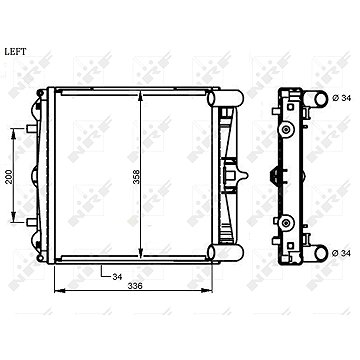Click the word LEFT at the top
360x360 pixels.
15,52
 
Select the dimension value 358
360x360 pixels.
136,177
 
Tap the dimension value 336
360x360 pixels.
135,286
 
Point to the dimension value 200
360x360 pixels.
9,176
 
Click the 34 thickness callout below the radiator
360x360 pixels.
117,277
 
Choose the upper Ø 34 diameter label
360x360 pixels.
342,98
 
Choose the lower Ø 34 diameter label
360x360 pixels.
342,253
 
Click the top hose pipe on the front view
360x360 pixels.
225,98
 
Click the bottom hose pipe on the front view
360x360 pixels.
225,253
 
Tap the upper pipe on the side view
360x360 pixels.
316,99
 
